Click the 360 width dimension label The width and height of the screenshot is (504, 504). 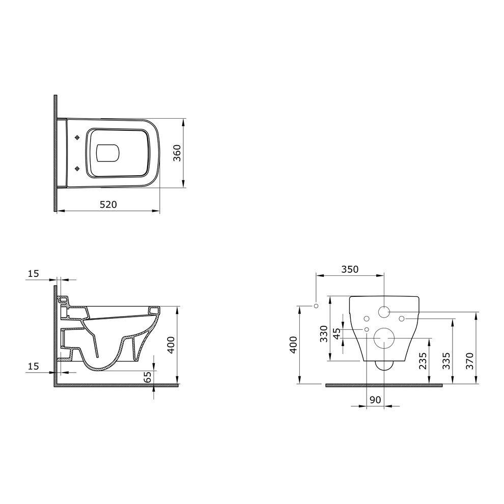[x=177, y=153]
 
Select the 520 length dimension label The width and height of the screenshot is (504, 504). [x=108, y=205]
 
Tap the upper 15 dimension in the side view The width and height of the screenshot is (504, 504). [x=34, y=273]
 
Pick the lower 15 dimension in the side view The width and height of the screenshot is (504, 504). [x=34, y=366]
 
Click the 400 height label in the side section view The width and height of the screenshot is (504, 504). [x=171, y=345]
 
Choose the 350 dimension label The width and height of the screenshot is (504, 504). [x=350, y=269]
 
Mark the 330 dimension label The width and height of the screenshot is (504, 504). [x=324, y=333]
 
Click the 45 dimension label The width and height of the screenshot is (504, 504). [x=337, y=333]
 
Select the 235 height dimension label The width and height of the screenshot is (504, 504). [x=424, y=360]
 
